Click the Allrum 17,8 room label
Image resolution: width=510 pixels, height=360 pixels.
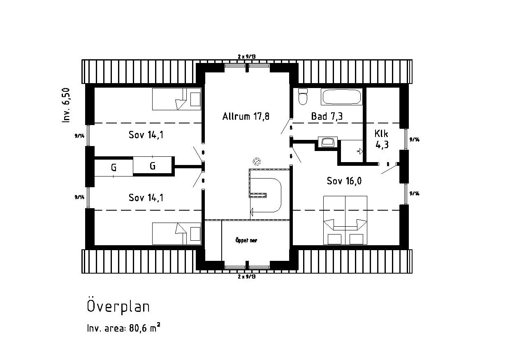coord(246,116)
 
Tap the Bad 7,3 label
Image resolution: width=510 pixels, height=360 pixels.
coord(327,116)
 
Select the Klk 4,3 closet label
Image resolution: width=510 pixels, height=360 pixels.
coord(382,139)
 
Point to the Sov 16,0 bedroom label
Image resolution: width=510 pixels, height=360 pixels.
coord(344,181)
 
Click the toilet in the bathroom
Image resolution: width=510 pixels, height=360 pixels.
coord(303,97)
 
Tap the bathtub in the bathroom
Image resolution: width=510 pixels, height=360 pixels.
coord(341,97)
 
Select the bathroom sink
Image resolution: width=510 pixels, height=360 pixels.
coord(328,142)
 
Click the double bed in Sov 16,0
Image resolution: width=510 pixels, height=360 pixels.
coord(345,220)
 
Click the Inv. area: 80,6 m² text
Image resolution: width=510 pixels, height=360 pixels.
coord(124,328)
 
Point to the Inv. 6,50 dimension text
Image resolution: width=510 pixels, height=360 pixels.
coord(66,105)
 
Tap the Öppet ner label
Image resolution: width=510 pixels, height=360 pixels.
coord(246,240)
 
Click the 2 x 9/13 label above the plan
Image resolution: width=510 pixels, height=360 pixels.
coord(247,56)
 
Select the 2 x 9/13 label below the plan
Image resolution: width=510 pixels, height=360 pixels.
coord(247,276)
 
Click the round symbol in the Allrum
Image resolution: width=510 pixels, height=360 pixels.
coord(257,161)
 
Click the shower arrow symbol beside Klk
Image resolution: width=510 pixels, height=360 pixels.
coord(359,151)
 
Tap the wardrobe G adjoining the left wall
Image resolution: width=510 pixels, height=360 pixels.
coord(114,167)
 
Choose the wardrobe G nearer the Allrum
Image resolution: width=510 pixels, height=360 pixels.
coord(153,165)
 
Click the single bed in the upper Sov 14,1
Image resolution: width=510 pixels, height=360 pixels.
coord(176,99)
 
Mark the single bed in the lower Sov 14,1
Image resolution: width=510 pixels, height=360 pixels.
coord(176,234)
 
